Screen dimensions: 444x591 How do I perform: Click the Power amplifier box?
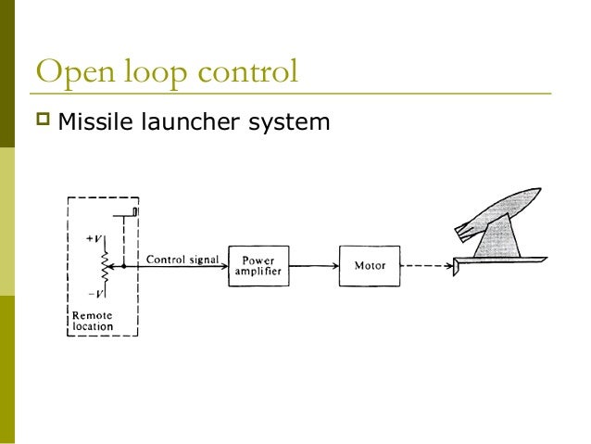click(x=258, y=266)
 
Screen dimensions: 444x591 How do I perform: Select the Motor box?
click(x=370, y=266)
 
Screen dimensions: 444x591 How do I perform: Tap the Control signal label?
click(x=182, y=259)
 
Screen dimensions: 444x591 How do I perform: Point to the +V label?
click(x=94, y=238)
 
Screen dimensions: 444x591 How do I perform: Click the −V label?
click(x=94, y=293)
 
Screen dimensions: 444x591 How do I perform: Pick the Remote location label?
click(x=93, y=321)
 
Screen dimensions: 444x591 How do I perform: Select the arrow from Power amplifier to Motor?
click(x=314, y=266)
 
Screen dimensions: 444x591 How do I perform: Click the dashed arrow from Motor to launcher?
click(x=426, y=266)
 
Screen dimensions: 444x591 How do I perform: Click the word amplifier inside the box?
click(x=258, y=273)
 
